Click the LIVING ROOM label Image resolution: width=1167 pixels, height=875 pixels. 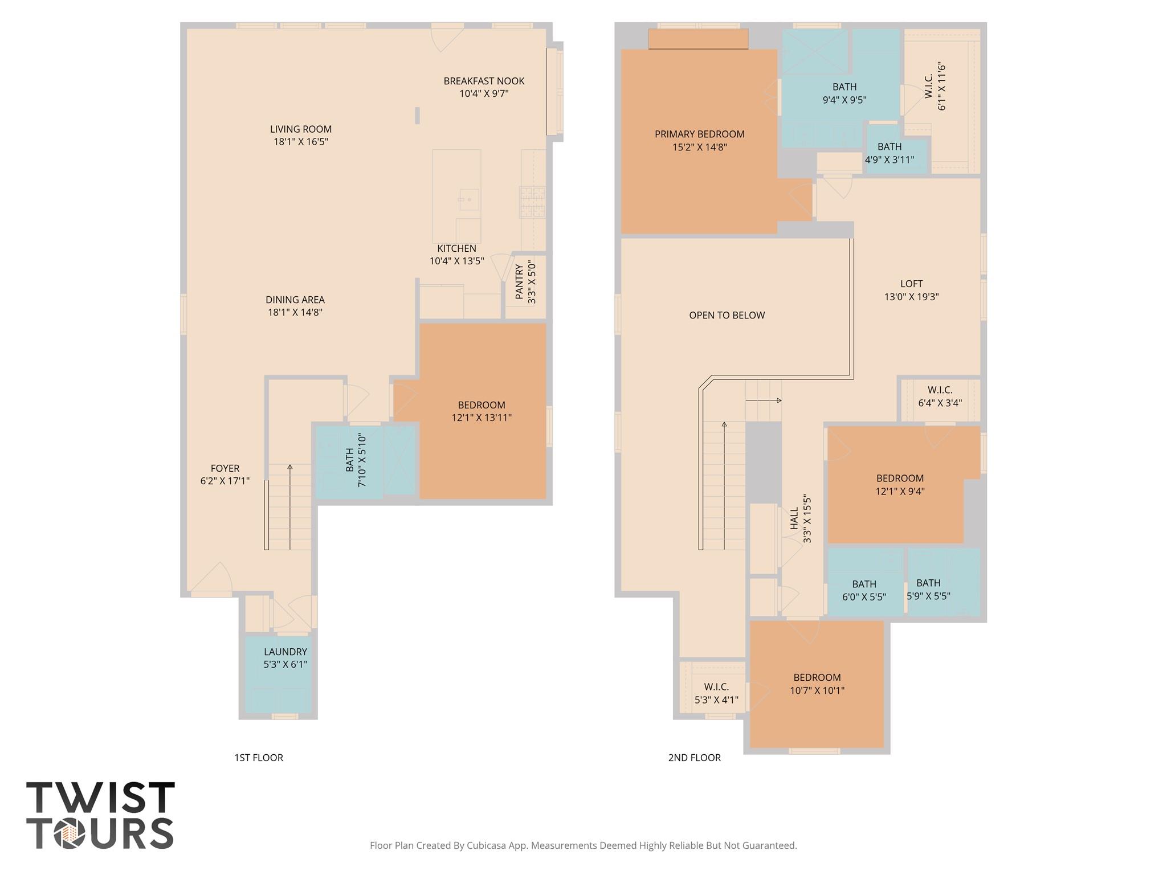pyautogui.click(x=300, y=129)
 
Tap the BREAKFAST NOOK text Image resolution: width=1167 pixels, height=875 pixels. pyautogui.click(x=484, y=81)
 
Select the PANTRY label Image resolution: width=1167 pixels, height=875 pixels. pyautogui.click(x=519, y=282)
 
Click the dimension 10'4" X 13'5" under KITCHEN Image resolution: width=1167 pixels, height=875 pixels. pyautogui.click(x=456, y=261)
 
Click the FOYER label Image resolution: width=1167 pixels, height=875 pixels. pyautogui.click(x=225, y=468)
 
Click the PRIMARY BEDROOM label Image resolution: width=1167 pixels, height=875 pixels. pyautogui.click(x=699, y=134)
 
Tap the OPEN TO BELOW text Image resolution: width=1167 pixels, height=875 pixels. pyautogui.click(x=727, y=315)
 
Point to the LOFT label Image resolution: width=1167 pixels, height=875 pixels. pyautogui.click(x=911, y=284)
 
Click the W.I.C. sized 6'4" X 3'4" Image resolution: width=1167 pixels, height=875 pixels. pyautogui.click(x=940, y=396)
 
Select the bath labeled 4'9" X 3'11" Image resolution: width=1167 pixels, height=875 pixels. pyautogui.click(x=889, y=153)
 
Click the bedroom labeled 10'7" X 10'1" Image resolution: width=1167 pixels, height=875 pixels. pyautogui.click(x=817, y=684)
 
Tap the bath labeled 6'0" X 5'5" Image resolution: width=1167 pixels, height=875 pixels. pyautogui.click(x=864, y=590)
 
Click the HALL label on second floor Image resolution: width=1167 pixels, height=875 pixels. pyautogui.click(x=794, y=518)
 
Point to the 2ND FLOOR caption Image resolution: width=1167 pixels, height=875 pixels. pyautogui.click(x=694, y=758)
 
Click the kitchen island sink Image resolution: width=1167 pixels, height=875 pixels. pyautogui.click(x=468, y=199)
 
